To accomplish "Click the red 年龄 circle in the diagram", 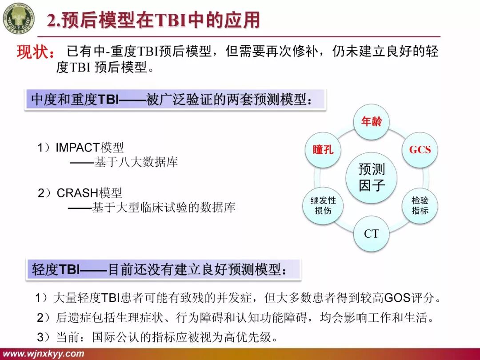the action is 371,121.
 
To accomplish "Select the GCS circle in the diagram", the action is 420,150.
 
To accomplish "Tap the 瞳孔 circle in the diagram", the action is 323,150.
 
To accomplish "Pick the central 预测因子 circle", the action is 372,177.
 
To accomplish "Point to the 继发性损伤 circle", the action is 323,205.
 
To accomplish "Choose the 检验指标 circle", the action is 420,205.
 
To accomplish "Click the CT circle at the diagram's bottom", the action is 371,233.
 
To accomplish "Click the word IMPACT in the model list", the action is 78,148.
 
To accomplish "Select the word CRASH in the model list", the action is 77,193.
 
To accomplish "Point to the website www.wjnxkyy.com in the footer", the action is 43,354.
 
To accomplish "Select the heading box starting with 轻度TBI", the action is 163,269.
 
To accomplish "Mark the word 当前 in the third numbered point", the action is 65,337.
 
